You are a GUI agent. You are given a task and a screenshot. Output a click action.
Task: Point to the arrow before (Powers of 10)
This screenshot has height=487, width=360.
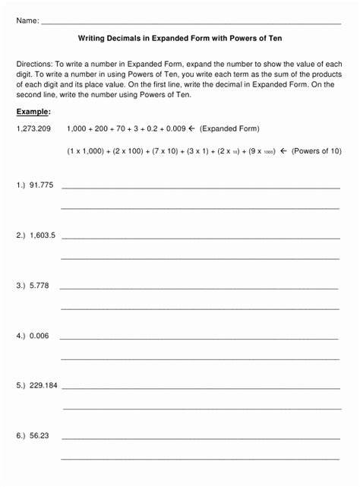(x=283, y=151)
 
